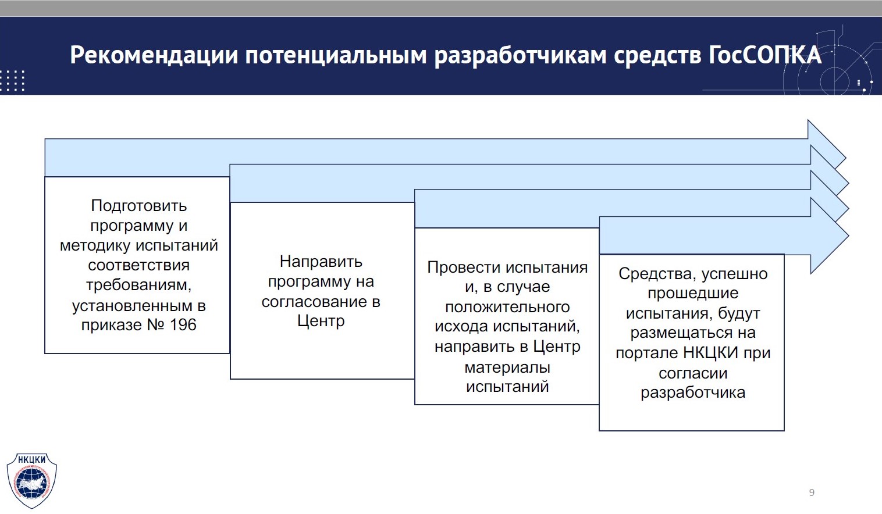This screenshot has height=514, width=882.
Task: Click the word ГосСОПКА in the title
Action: coord(764,55)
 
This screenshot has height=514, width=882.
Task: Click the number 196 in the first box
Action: coord(183,324)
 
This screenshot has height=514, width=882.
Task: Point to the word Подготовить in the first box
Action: coord(139,205)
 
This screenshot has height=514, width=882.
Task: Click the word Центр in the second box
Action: coord(321,321)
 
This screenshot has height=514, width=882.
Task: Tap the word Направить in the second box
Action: coord(321,262)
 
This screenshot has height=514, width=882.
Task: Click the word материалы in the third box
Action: coord(507,367)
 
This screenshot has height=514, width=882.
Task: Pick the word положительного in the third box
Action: coord(507,307)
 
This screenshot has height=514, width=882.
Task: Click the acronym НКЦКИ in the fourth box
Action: coord(710,353)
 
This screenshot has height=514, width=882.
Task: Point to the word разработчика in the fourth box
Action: coord(693,392)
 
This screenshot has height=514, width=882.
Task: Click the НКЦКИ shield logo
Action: coord(31,480)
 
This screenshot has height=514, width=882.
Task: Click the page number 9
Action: coord(812,492)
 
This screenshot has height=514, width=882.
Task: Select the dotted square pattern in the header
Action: coord(12,80)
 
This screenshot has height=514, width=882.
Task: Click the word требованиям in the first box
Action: coord(138,285)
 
